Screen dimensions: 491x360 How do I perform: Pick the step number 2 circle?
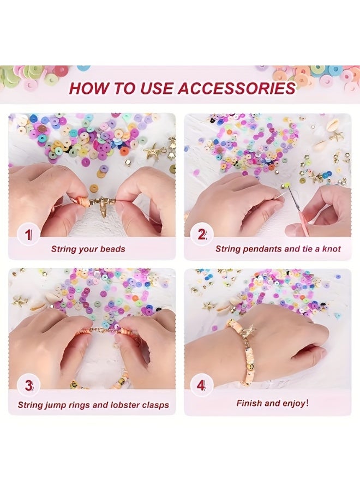click(x=201, y=235)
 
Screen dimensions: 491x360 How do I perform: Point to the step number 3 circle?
click(x=28, y=386)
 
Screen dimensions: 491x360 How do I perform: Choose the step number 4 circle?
click(x=201, y=386)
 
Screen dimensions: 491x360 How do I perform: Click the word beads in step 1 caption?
click(x=112, y=249)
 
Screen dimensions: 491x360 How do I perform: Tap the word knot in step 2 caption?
click(x=330, y=249)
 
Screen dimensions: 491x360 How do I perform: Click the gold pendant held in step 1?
click(x=103, y=208)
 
